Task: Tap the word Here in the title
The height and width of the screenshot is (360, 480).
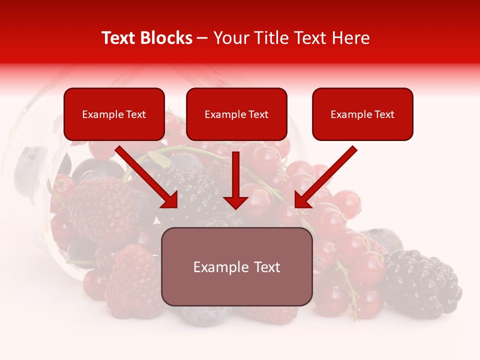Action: [349, 38]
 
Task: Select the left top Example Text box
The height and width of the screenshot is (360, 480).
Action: [114, 114]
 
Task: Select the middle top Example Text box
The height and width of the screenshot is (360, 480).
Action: [236, 114]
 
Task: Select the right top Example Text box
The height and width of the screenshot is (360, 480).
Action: [362, 114]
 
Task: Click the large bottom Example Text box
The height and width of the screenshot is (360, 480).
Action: [236, 267]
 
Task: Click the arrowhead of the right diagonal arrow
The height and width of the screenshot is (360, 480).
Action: [303, 200]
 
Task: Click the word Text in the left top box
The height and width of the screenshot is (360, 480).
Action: [135, 114]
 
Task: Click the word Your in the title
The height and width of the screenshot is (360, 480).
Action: [230, 38]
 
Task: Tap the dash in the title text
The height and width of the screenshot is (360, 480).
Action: [202, 38]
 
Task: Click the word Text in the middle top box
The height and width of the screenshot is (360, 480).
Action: [258, 114]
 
